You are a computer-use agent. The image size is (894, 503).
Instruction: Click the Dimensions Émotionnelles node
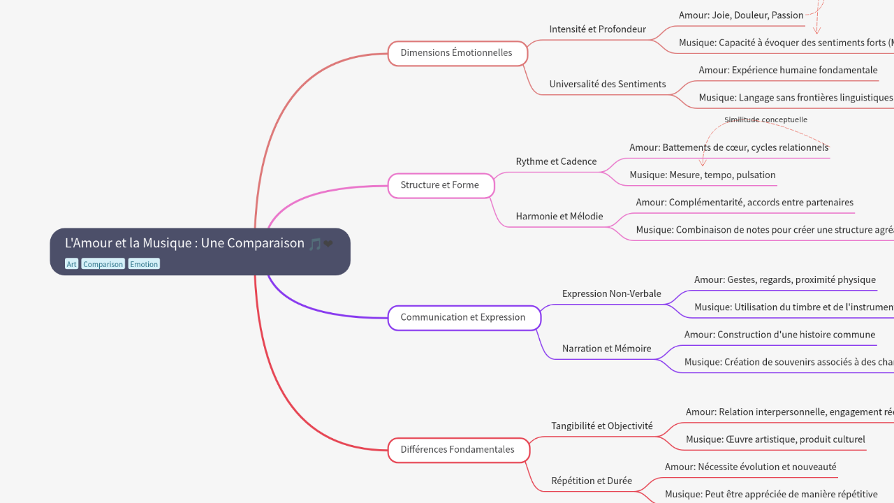(x=457, y=53)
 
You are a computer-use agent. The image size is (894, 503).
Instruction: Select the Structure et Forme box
(x=440, y=185)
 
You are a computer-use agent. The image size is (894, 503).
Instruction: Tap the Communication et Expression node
(x=463, y=317)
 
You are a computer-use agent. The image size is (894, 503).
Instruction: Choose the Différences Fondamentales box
(x=457, y=449)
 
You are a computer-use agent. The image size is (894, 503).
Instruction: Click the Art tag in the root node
(x=71, y=264)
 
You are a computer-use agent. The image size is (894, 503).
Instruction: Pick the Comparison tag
(x=103, y=264)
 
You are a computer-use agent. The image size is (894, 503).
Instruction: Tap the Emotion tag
(x=144, y=264)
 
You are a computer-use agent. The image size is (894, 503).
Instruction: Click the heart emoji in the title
(x=328, y=244)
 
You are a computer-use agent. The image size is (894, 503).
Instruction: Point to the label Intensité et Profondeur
(x=597, y=29)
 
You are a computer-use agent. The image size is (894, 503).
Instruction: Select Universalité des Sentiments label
(x=607, y=84)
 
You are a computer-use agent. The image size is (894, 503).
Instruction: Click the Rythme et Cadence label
(x=556, y=161)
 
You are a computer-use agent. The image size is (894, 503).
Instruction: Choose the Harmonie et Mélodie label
(x=559, y=216)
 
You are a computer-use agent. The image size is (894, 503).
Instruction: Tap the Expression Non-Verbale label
(x=611, y=293)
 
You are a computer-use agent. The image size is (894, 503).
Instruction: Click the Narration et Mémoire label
(x=606, y=348)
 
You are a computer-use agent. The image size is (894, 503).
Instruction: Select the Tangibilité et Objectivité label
(x=601, y=425)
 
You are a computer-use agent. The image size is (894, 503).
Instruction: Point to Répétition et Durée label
(x=591, y=480)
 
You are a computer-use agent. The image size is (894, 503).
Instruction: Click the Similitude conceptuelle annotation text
(x=765, y=119)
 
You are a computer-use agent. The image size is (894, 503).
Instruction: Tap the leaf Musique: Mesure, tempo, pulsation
(x=702, y=175)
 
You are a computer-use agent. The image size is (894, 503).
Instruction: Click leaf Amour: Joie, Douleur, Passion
(x=740, y=15)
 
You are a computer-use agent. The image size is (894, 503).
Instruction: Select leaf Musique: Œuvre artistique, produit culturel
(x=775, y=439)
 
